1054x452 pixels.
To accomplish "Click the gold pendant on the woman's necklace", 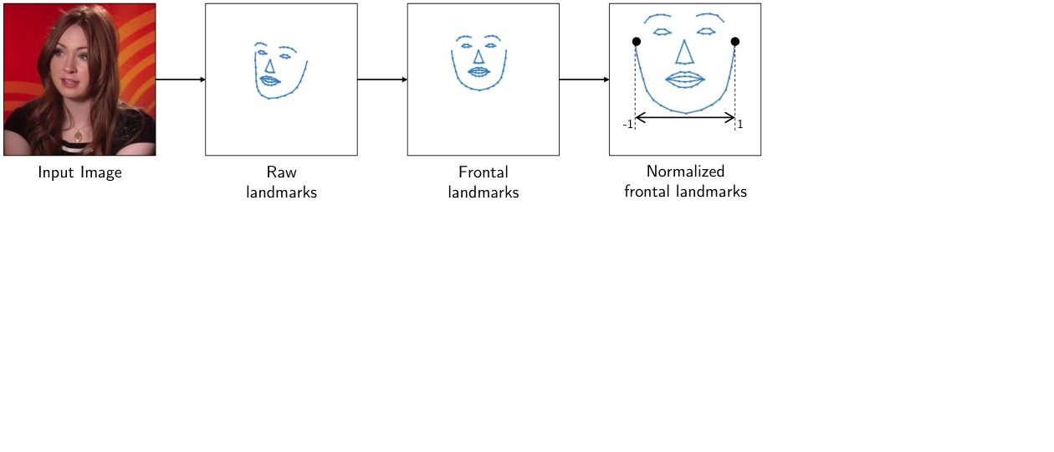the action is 78,136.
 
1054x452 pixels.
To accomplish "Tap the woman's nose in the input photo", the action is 70,66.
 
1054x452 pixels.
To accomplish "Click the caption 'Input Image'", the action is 80,172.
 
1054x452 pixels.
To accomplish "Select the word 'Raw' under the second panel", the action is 281,172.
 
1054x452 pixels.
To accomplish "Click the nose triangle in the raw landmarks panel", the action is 269,66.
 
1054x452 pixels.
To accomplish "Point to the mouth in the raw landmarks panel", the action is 270,81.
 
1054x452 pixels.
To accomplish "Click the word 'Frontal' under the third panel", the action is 484,172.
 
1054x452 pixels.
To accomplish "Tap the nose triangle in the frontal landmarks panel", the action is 479,57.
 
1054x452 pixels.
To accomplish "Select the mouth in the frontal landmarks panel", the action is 479,72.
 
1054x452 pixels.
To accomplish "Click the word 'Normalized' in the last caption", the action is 685,172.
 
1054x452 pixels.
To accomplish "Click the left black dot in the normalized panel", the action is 636,42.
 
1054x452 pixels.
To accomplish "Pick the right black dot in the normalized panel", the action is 735,42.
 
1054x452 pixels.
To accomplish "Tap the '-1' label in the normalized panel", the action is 627,125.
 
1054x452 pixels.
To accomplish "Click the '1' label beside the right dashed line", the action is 740,124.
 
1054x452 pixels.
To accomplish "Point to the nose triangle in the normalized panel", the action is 684,52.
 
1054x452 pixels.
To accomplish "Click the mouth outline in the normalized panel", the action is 685,80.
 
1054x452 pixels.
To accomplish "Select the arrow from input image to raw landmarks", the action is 181,80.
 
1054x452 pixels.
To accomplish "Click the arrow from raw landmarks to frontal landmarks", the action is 382,80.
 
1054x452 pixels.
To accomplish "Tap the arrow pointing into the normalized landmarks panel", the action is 585,80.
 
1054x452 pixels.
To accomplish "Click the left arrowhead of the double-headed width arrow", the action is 638,118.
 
